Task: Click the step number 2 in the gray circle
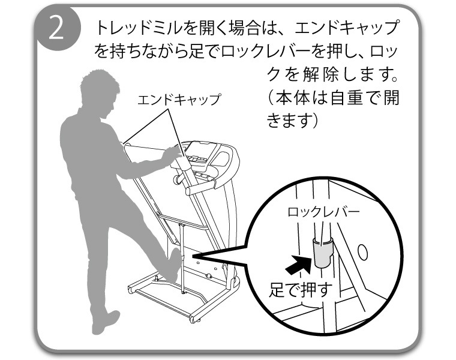[x=56, y=28]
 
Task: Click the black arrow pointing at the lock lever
[x=298, y=264]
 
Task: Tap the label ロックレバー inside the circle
[x=323, y=212]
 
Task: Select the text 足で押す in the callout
[x=301, y=290]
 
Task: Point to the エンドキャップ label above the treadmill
[x=179, y=100]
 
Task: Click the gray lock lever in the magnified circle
[x=323, y=252]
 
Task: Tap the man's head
[x=100, y=93]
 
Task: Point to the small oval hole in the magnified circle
[x=362, y=252]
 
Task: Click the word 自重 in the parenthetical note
[x=348, y=98]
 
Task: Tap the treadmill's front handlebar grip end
[x=190, y=191]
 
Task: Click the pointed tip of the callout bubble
[x=193, y=255]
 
